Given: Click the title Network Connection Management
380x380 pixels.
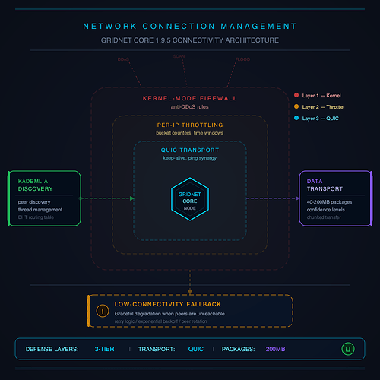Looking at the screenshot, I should click(x=189, y=26).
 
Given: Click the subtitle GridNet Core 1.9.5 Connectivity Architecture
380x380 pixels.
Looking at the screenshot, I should click(x=189, y=40).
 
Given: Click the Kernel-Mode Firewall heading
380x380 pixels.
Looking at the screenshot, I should click(x=189, y=98).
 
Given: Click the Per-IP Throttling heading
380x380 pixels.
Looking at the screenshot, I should click(x=189, y=125).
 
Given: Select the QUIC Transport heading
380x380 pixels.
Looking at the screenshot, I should click(x=189, y=150).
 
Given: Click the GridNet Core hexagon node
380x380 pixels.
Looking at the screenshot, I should click(x=189, y=199).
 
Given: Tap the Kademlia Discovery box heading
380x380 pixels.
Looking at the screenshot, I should click(x=36, y=185).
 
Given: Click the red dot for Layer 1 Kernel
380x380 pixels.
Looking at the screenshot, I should click(x=296, y=95).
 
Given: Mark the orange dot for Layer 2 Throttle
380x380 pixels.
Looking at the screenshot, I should click(x=296, y=107).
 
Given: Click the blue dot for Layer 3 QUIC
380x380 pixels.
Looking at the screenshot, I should click(x=296, y=119).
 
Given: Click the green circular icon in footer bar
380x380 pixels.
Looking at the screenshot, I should click(x=347, y=349).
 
